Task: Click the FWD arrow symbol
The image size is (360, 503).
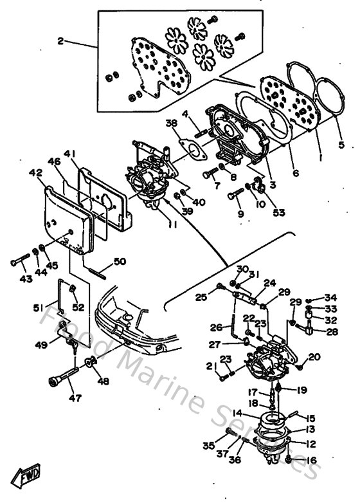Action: click(28, 477)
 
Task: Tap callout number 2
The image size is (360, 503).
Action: click(62, 42)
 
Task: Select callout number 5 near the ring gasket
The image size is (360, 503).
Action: click(341, 145)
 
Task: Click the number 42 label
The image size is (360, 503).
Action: click(35, 173)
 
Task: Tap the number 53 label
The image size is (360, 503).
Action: click(279, 212)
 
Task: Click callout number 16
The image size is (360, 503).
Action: click(312, 460)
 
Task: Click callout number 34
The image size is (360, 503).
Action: click(330, 298)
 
